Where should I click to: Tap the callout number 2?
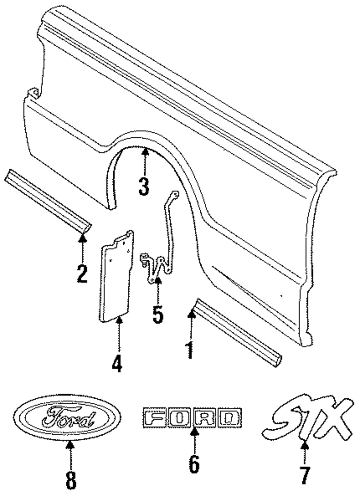coord(82,273)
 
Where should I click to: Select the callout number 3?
coord(144,186)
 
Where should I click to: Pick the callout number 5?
coord(158,314)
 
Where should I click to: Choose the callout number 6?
coord(194,464)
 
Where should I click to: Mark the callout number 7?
coord(305,475)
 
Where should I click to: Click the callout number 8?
coord(71,480)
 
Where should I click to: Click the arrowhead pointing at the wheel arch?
coord(145,153)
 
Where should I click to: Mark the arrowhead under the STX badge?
coord(305,446)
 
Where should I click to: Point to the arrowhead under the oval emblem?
coord(71,446)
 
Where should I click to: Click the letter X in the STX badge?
coord(333,417)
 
